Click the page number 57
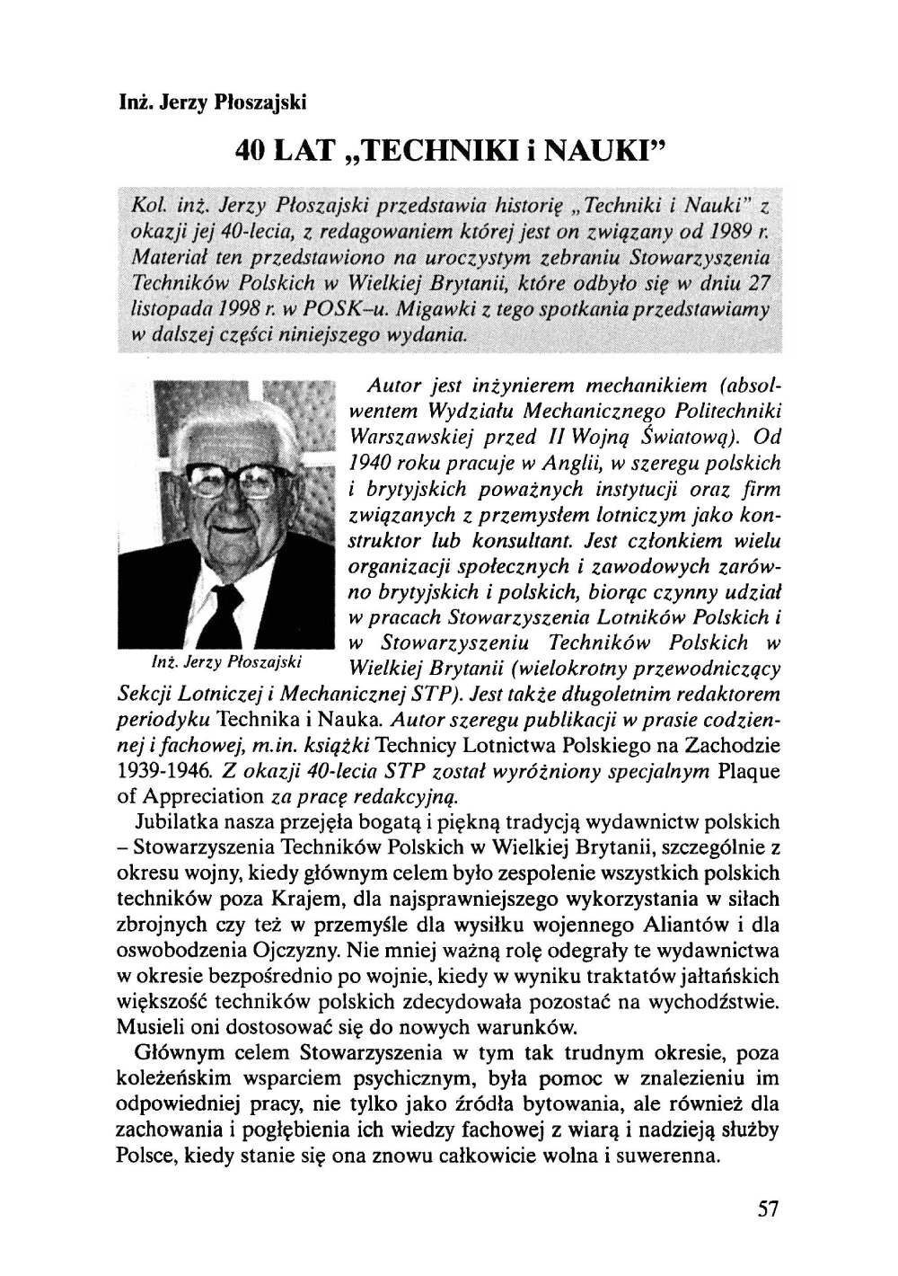tap(766, 1209)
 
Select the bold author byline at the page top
tap(213, 102)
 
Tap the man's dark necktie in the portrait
tap(222, 607)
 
